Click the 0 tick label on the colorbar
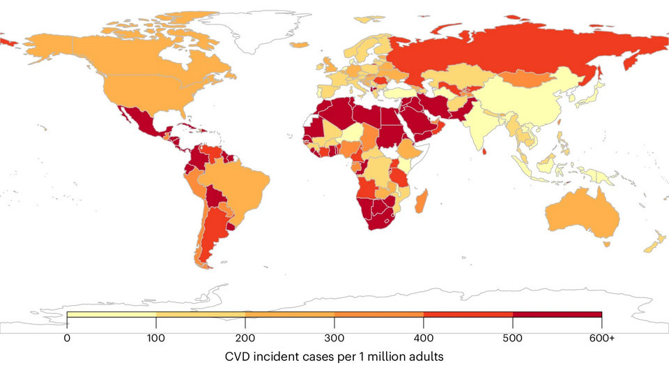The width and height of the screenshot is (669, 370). (x=67, y=338)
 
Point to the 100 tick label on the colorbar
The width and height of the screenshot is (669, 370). (x=156, y=338)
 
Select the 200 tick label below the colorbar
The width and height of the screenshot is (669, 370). (x=245, y=338)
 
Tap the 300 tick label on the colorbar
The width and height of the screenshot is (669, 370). (x=334, y=338)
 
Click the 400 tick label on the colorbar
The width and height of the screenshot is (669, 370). (x=424, y=338)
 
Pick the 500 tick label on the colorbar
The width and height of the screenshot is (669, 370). (x=513, y=338)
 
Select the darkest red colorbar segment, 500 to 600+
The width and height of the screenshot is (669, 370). (x=557, y=314)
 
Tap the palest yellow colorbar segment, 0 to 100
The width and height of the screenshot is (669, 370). (x=111, y=314)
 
